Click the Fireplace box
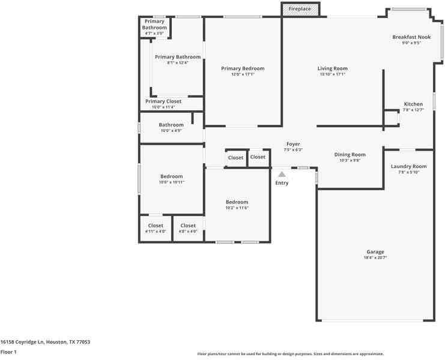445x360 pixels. pos(300,9)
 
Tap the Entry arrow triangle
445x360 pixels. pos(282,174)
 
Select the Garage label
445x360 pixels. pos(375,252)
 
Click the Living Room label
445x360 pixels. pos(333,68)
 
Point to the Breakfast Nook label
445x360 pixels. pos(411,37)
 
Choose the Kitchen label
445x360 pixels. pos(413,104)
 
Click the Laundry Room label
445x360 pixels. pos(408,166)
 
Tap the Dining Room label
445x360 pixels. pos(350,155)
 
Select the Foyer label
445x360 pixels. pos(293,144)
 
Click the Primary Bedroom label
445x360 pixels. pos(243,68)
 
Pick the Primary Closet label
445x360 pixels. pos(163,101)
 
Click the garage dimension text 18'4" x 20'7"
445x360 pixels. pos(375,257)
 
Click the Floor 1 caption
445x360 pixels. pos(8,352)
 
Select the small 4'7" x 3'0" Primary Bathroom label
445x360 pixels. pos(154,27)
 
